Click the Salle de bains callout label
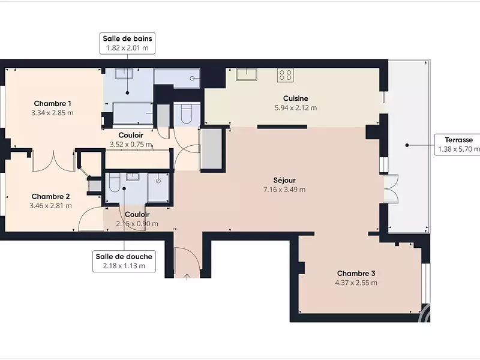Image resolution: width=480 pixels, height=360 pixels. (127, 43)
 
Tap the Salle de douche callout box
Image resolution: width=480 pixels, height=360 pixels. (124, 261)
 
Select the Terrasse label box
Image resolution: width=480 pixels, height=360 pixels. (457, 145)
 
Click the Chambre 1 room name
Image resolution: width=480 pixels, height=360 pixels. (52, 103)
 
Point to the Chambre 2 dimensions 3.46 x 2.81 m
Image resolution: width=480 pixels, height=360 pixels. (51, 206)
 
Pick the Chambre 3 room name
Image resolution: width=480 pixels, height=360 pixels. (356, 274)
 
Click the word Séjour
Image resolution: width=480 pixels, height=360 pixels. (284, 181)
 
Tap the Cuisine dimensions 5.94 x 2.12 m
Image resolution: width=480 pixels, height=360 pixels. (296, 108)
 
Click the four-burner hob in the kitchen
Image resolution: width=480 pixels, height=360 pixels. (286, 76)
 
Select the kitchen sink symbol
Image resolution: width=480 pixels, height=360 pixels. (247, 74)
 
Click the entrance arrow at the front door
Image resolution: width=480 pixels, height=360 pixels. (187, 277)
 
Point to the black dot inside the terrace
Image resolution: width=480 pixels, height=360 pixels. (407, 145)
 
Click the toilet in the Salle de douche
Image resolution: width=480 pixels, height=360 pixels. (114, 183)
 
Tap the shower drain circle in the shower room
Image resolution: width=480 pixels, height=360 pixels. (158, 181)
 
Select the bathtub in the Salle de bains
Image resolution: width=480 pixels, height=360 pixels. (133, 113)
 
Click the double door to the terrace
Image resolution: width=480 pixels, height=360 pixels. (391, 188)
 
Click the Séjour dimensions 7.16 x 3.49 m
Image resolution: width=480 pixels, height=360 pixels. (284, 190)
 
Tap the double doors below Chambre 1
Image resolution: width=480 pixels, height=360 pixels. (53, 161)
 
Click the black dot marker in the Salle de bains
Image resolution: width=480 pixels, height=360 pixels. (127, 93)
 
